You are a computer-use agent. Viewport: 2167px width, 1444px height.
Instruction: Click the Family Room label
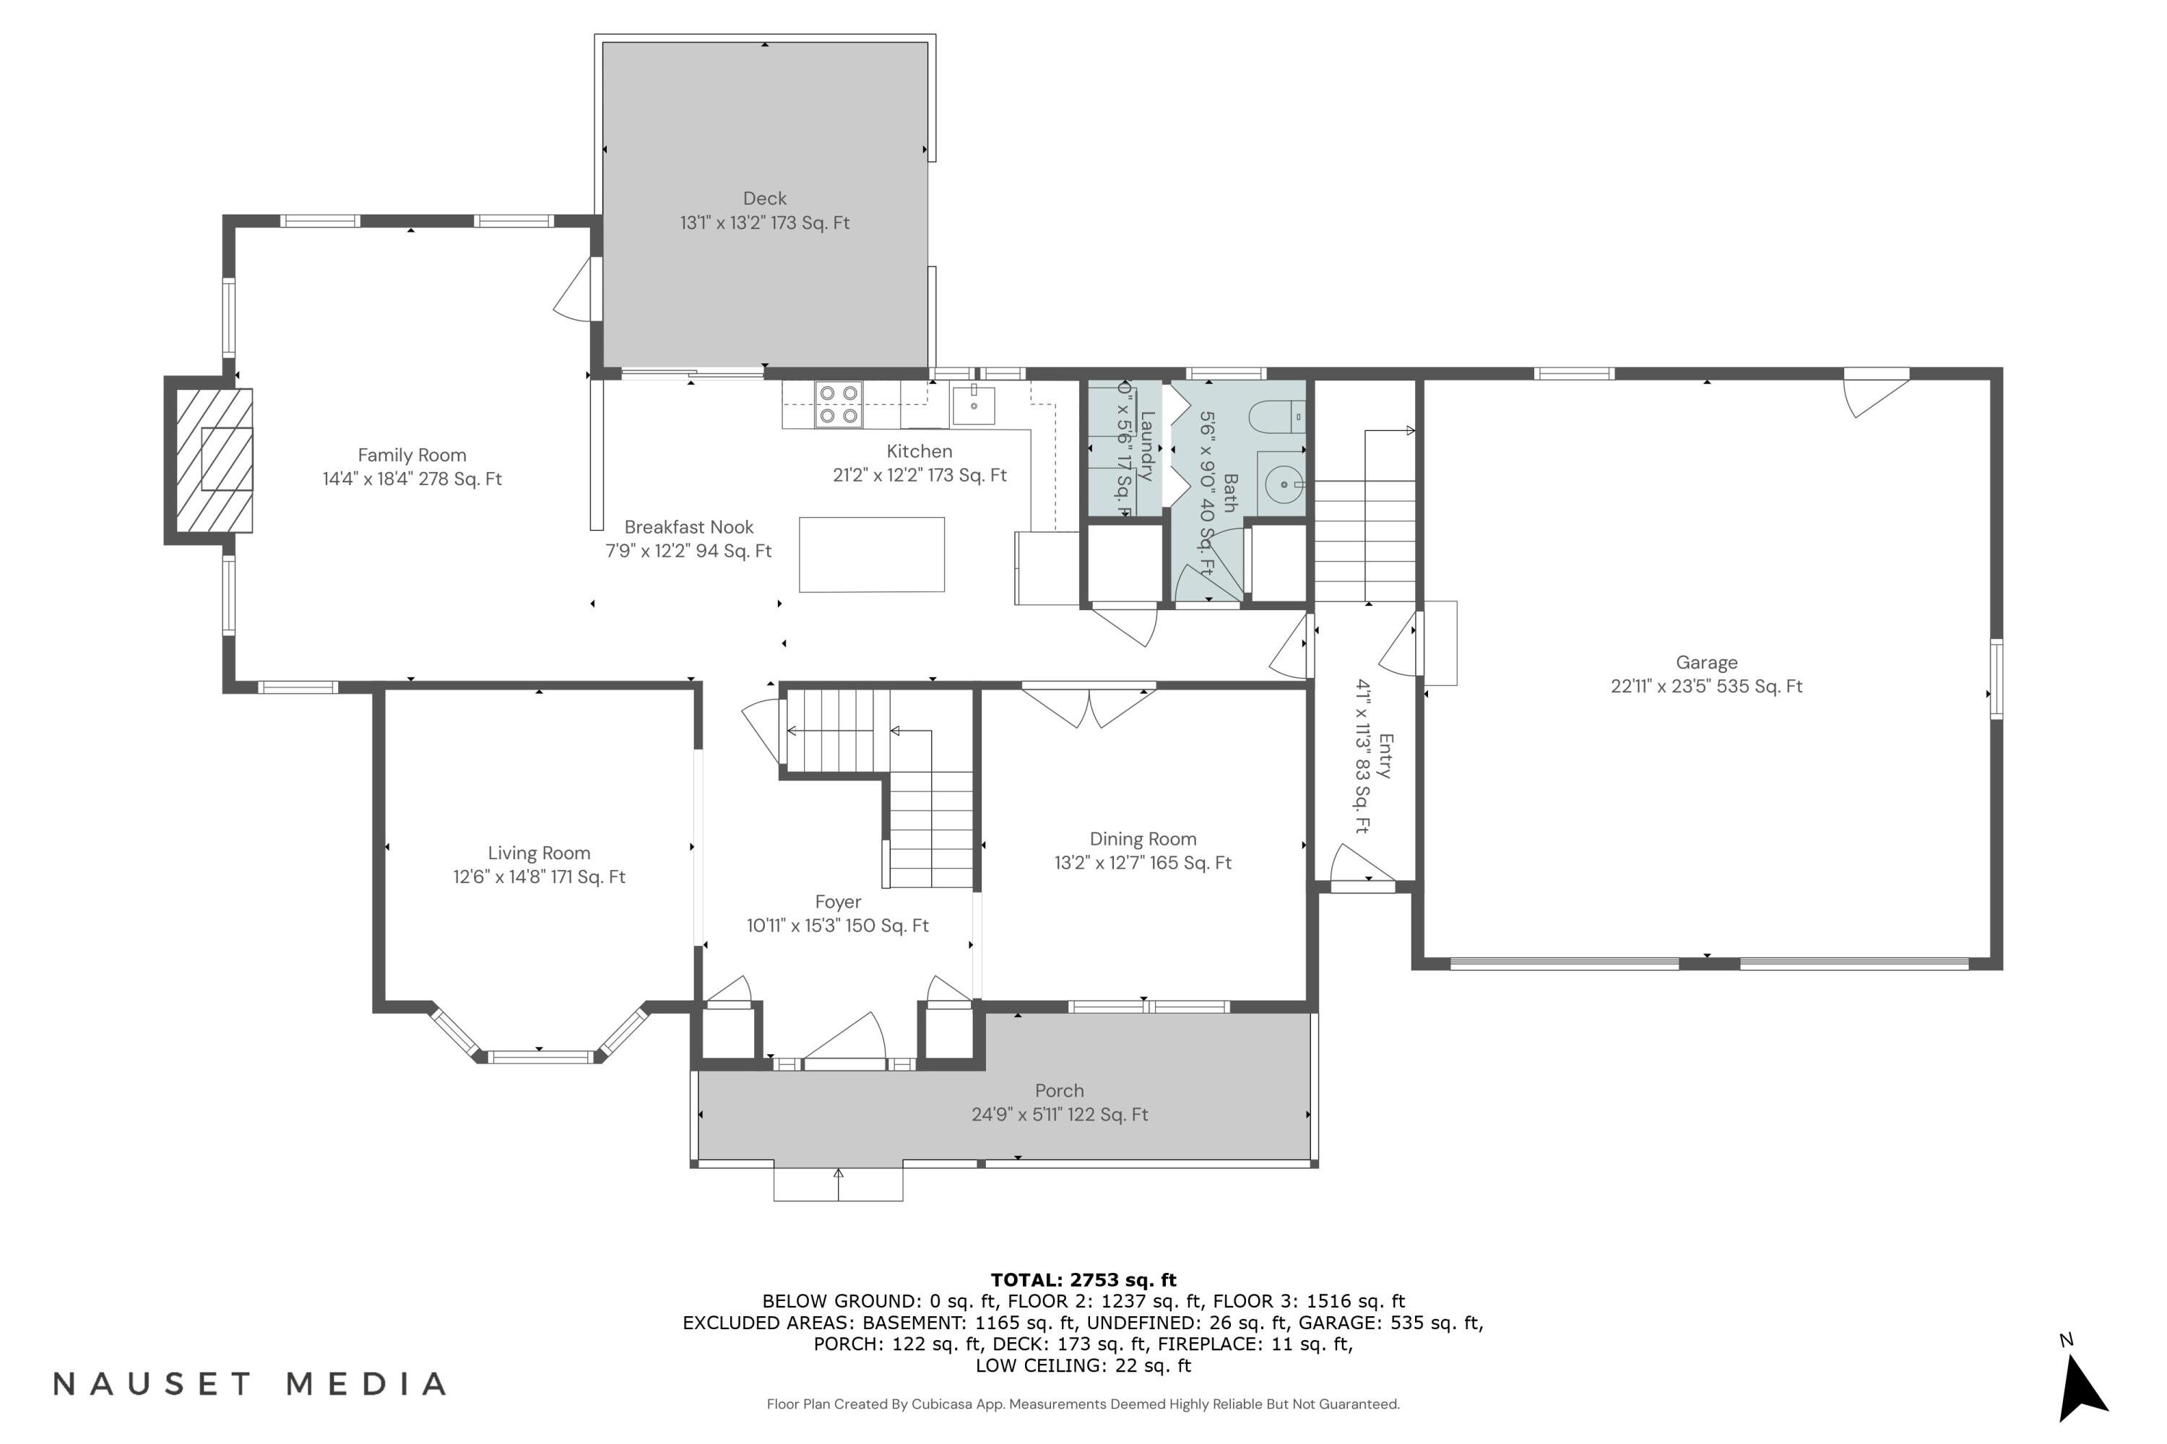tap(412, 455)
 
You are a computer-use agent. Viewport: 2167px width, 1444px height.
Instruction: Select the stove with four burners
tap(839, 405)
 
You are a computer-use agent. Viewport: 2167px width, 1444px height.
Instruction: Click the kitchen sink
tap(973, 405)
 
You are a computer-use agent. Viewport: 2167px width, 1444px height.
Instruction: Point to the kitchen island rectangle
tap(872, 554)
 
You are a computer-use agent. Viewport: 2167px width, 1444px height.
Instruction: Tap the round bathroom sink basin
tap(1284, 484)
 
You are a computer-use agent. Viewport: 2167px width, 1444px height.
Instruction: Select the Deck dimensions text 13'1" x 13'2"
tap(765, 223)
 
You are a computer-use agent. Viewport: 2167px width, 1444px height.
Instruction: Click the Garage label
tap(1706, 662)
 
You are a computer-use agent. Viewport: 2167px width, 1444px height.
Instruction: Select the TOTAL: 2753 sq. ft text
tap(1083, 1280)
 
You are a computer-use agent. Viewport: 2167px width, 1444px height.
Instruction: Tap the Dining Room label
tap(1143, 839)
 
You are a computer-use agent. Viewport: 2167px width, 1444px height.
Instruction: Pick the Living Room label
tap(539, 853)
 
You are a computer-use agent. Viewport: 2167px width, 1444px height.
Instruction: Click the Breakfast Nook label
tap(688, 528)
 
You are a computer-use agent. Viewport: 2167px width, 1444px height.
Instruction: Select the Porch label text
tap(1059, 1091)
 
